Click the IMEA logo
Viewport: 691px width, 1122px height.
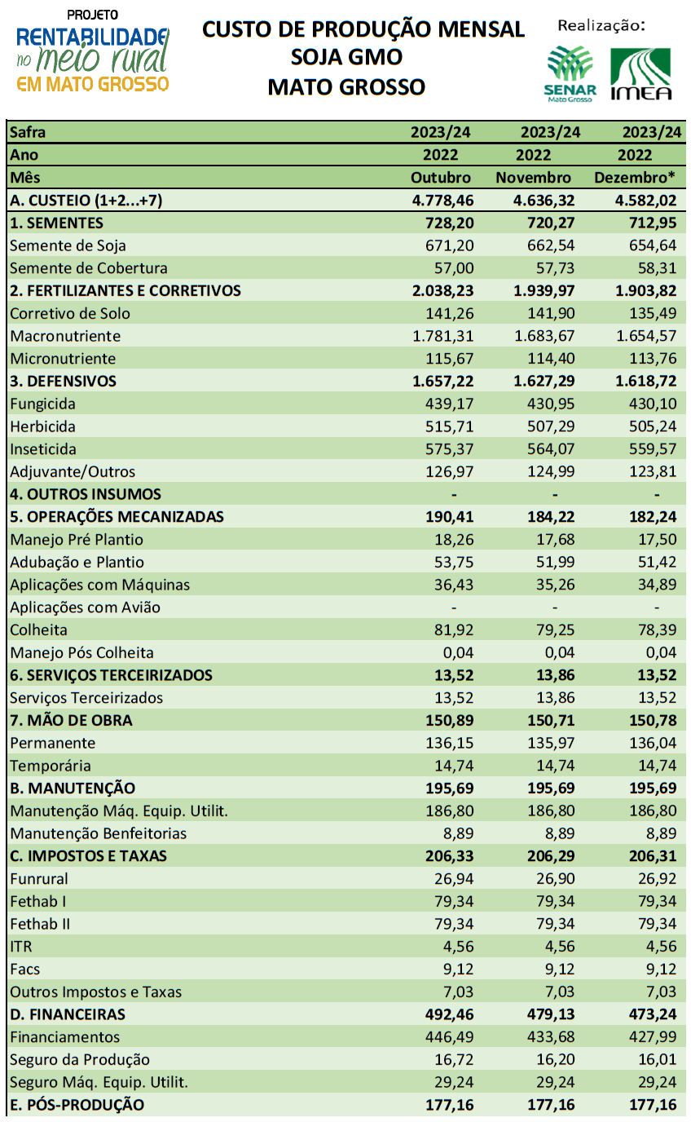tap(641, 74)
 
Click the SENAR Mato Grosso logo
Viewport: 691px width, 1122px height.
tap(570, 73)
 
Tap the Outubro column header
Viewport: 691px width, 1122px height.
tap(441, 178)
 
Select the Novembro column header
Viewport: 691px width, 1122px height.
tap(533, 178)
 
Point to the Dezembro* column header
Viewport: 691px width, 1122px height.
tap(635, 178)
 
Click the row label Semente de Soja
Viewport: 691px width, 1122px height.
tap(68, 245)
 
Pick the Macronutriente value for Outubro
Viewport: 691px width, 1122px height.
tap(442, 336)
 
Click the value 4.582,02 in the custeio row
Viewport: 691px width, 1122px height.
tap(645, 201)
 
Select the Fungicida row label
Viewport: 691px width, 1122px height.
tap(42, 404)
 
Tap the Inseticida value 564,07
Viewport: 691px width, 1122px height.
tap(551, 448)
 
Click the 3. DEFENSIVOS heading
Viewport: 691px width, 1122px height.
tap(63, 381)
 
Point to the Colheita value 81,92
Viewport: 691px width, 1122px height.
tap(454, 629)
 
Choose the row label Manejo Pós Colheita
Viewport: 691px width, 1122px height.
tap(81, 652)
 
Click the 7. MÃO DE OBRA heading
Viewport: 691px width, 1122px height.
tap(71, 720)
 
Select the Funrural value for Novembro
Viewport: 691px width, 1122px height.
tap(555, 878)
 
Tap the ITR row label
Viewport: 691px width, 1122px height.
tap(21, 946)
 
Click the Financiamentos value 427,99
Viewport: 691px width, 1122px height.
tap(653, 1036)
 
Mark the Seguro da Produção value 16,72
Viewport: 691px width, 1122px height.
tap(454, 1059)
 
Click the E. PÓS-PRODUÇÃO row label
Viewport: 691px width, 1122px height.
tap(77, 1104)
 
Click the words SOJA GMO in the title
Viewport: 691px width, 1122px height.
tap(346, 57)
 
